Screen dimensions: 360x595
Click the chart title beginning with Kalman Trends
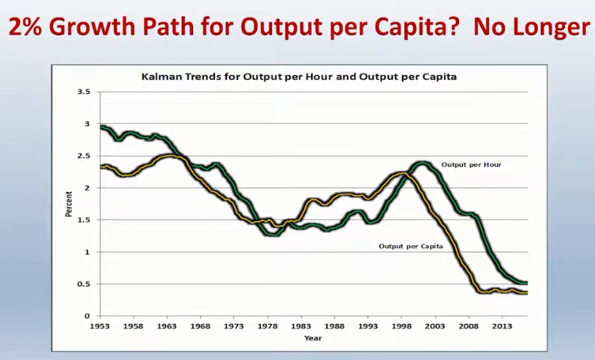[x=299, y=77]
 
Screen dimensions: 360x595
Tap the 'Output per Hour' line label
[x=470, y=164]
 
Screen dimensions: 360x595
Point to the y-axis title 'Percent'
[x=69, y=204]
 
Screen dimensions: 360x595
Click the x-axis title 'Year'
[x=313, y=337]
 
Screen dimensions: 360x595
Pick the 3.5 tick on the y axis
[x=84, y=92]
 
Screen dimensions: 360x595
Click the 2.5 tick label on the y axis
[x=84, y=156]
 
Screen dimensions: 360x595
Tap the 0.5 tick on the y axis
[x=84, y=284]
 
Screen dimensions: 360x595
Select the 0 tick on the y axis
[x=87, y=316]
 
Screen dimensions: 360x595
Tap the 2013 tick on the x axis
[x=502, y=327]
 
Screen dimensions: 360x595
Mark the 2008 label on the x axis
[x=469, y=327]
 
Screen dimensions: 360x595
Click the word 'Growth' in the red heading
[x=94, y=28]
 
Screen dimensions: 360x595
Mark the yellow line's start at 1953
[x=101, y=167]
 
